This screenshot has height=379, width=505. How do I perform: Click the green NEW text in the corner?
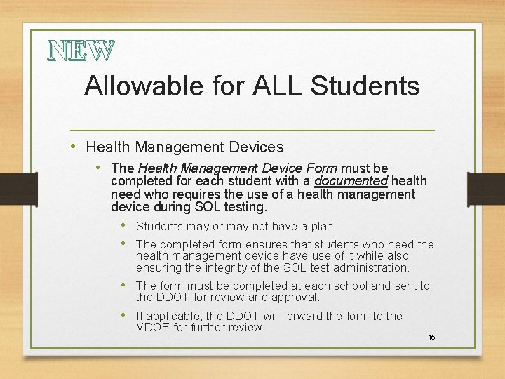80,50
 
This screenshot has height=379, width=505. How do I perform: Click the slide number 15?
432,338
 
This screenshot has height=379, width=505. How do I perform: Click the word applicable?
176,317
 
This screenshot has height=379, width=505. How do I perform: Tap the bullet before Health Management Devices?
74,147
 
